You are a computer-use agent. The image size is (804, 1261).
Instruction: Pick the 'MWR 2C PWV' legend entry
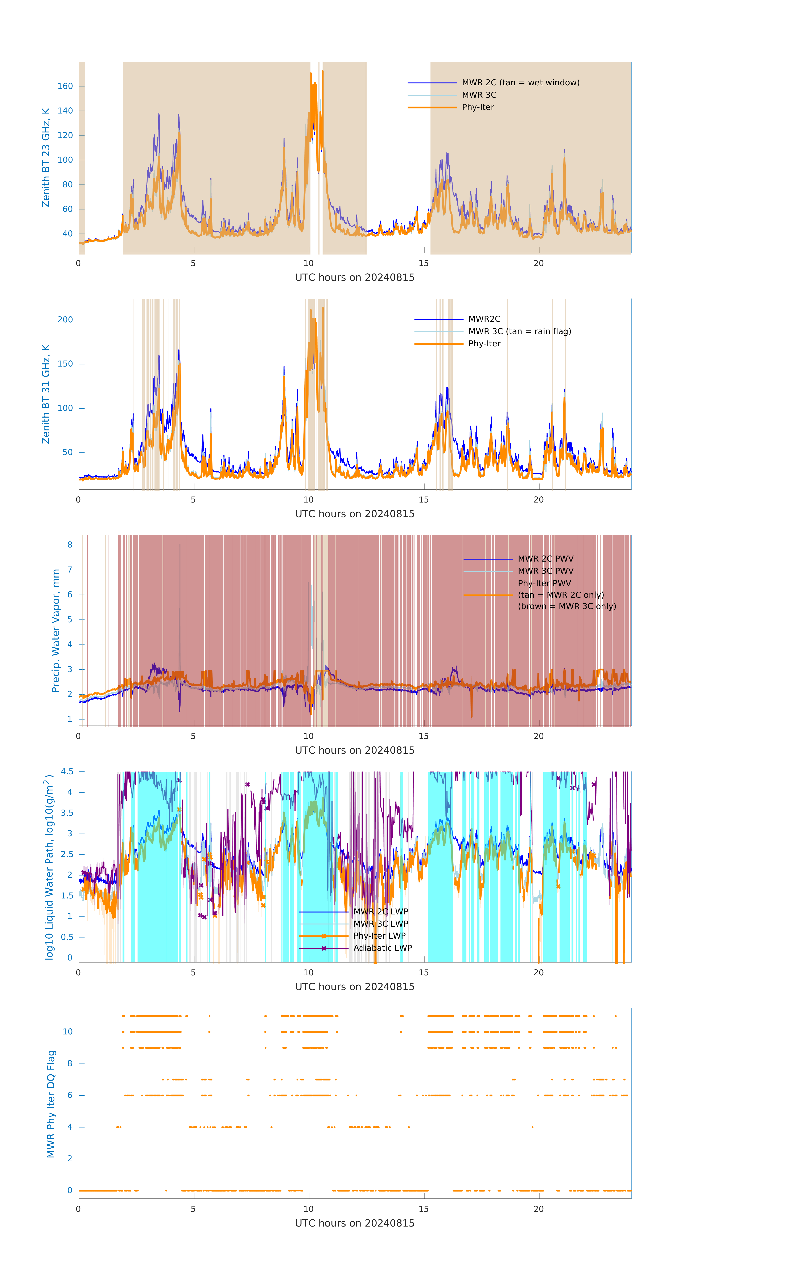pyautogui.click(x=545, y=559)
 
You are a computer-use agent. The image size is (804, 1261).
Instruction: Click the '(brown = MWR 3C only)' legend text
pyautogui.click(x=567, y=606)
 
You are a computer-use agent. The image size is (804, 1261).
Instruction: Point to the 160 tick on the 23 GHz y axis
pyautogui.click(x=65, y=86)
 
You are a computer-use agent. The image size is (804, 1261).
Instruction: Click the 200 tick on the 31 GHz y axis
pyautogui.click(x=65, y=320)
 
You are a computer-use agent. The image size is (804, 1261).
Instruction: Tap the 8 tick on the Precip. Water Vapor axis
pyautogui.click(x=70, y=545)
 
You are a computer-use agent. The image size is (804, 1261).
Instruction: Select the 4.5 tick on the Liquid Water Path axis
pyautogui.click(x=67, y=772)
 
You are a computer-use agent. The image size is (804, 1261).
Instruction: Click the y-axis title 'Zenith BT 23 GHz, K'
pyautogui.click(x=46, y=158)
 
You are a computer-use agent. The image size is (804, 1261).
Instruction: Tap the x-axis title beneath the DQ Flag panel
pyautogui.click(x=355, y=1223)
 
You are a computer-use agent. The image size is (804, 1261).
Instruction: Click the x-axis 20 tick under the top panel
pyautogui.click(x=539, y=263)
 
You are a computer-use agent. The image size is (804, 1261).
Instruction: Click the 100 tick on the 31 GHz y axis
pyautogui.click(x=65, y=409)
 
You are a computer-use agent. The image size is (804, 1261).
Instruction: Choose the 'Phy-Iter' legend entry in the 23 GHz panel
pyautogui.click(x=478, y=107)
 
